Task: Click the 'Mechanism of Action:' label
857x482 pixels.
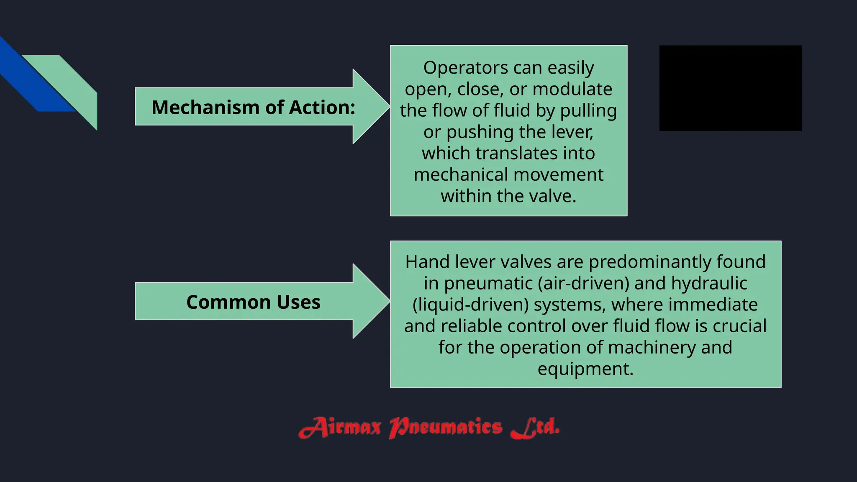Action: click(253, 108)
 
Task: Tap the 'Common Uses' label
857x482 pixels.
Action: click(253, 302)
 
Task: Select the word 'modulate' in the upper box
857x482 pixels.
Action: click(572, 89)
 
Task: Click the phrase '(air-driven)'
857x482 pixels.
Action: click(584, 283)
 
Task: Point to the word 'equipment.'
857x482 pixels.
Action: click(585, 369)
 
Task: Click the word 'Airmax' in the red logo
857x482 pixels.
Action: click(340, 428)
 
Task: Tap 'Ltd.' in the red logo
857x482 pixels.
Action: click(535, 428)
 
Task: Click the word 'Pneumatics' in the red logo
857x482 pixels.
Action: click(445, 428)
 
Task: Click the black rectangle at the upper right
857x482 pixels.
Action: click(730, 88)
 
